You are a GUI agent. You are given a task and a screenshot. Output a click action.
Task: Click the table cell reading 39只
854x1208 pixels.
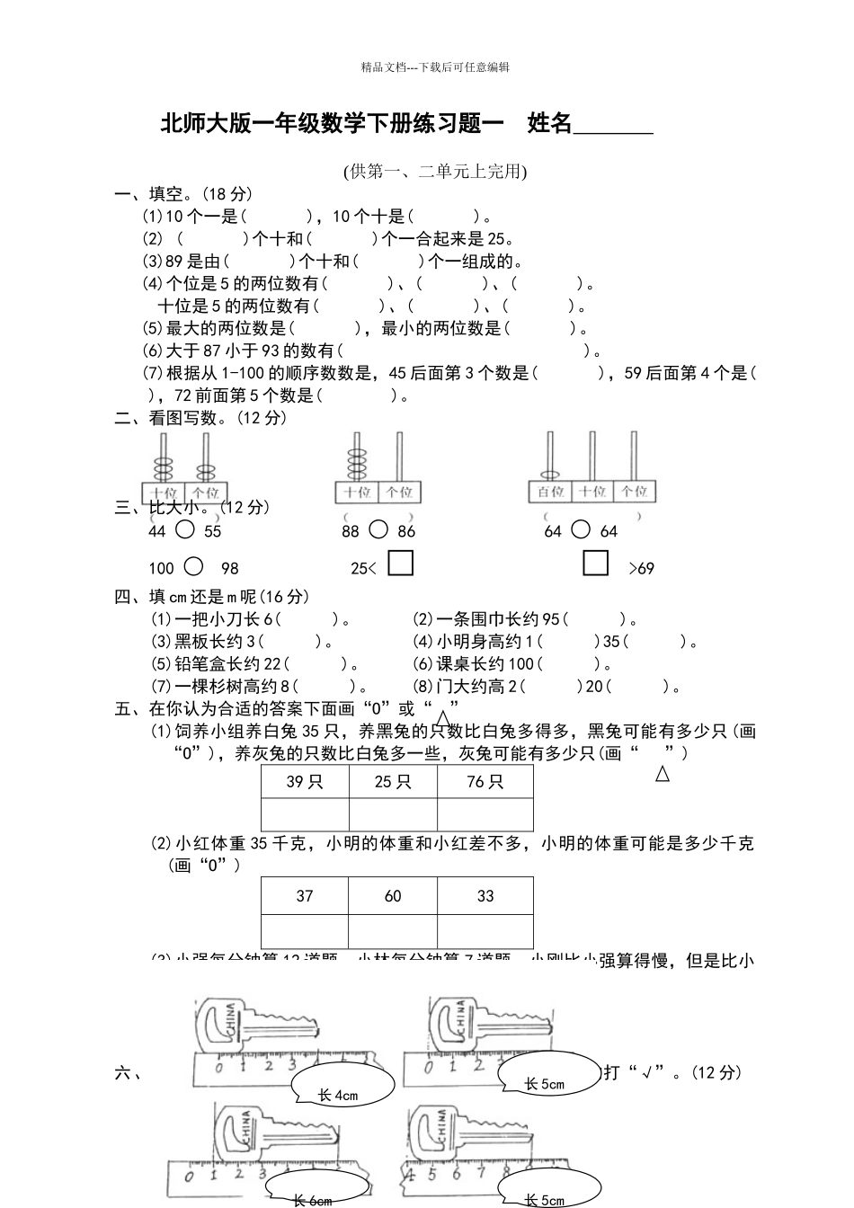coord(305,781)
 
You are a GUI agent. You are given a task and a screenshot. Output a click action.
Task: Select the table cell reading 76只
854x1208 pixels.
coord(485,781)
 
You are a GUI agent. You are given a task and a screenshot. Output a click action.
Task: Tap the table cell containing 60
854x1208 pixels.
coord(393,895)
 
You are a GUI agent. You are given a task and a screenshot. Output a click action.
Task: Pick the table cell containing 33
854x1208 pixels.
coord(485,895)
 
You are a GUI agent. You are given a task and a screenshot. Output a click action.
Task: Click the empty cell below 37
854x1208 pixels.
coord(305,931)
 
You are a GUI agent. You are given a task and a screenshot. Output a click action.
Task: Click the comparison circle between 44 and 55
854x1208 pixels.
coord(184,529)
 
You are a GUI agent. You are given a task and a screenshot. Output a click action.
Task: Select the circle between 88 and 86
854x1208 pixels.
coord(378,529)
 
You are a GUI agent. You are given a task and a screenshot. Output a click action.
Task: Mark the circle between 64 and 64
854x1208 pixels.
coord(581,529)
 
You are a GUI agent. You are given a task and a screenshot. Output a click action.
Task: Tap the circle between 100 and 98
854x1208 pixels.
coord(193,566)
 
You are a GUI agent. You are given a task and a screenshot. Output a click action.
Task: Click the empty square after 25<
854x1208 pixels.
coord(400,564)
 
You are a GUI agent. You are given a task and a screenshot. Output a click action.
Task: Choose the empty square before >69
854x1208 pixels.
coord(596,564)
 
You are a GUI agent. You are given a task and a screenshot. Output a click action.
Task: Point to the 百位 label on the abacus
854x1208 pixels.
coord(550,491)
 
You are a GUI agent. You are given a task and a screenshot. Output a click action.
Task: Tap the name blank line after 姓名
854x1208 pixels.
coord(613,126)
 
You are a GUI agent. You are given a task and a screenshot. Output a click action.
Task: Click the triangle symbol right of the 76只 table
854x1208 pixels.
coord(663,773)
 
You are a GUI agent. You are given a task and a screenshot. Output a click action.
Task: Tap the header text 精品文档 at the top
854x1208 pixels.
coord(385,67)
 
